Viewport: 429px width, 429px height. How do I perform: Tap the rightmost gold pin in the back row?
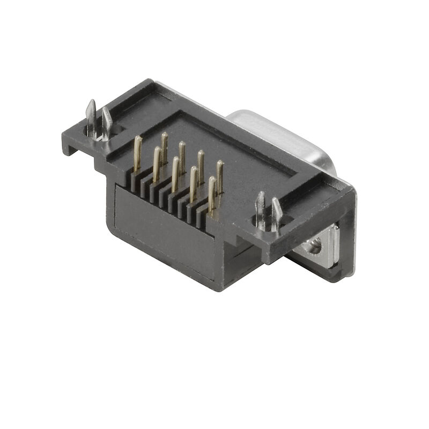point(219,174)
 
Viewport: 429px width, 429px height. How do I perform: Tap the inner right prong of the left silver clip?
point(107,122)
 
